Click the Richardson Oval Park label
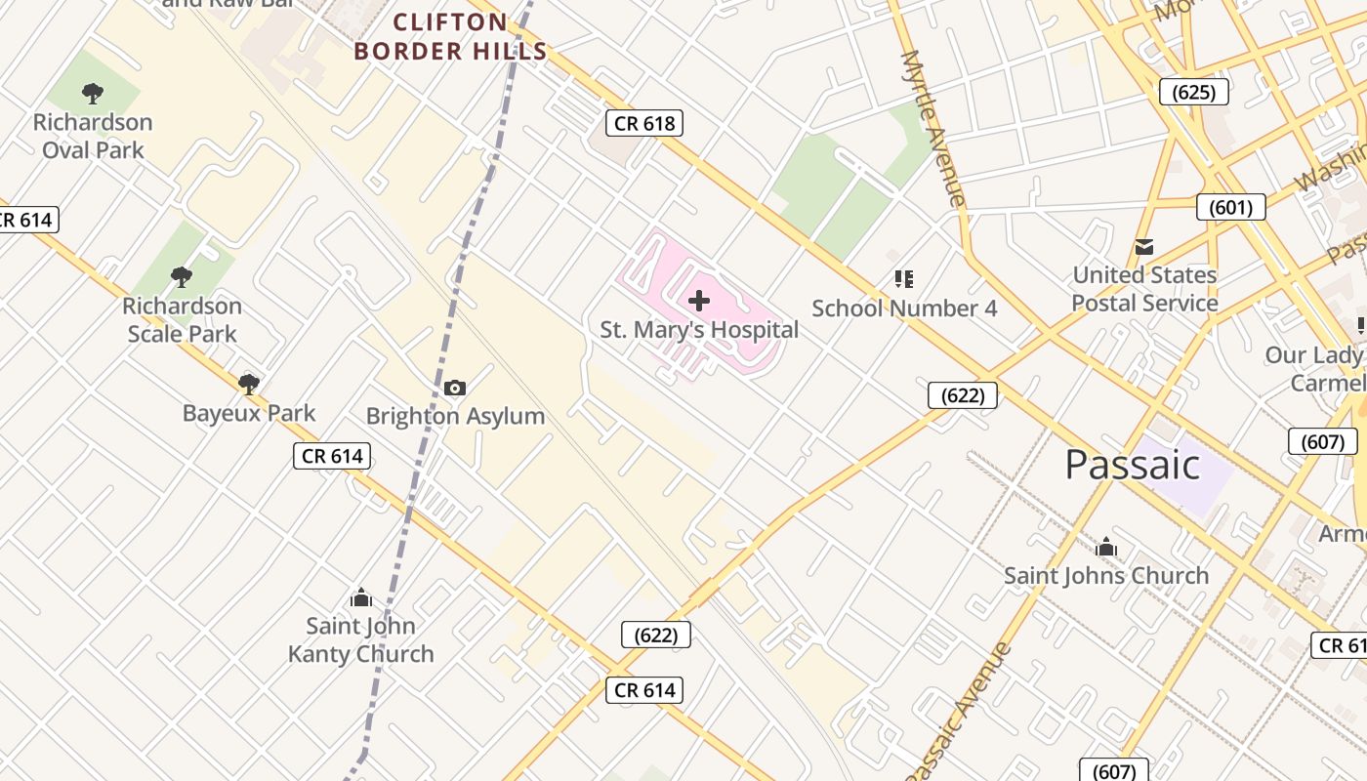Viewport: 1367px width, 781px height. (93, 136)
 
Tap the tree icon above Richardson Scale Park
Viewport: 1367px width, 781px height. (181, 277)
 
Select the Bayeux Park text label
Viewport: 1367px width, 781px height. (249, 413)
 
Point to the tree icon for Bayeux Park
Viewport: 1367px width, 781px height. (249, 384)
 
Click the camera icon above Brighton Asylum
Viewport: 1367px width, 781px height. (455, 389)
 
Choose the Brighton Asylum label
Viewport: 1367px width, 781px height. (455, 416)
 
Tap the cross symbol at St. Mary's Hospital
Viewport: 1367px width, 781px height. (699, 301)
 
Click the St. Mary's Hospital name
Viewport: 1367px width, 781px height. (699, 330)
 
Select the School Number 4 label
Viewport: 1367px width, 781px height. (904, 308)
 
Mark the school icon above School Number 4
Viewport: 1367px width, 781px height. (904, 280)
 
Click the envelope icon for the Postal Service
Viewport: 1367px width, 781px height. (1144, 247)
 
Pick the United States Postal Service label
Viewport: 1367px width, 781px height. (1144, 289)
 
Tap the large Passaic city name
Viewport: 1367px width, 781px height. (1132, 465)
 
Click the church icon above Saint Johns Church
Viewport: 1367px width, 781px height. (1106, 547)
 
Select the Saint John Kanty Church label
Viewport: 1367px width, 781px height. (360, 639)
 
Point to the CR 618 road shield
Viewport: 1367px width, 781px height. (643, 123)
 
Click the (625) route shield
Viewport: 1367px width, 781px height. (1193, 93)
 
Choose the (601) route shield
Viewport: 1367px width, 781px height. (1231, 207)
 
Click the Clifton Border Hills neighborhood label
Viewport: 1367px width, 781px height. (450, 37)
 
